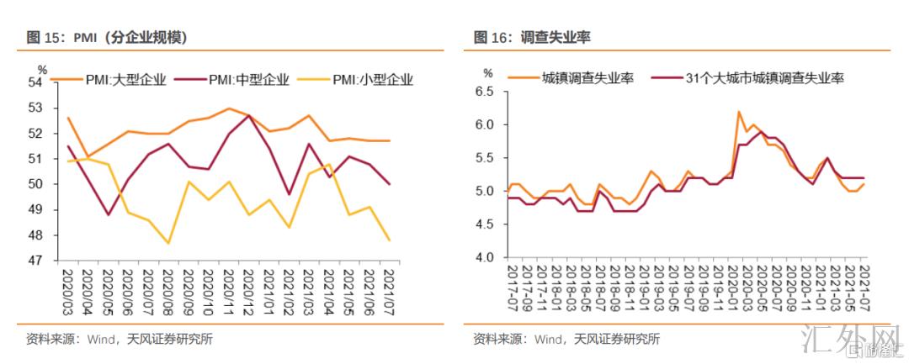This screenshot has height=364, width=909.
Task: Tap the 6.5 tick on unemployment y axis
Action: [482, 92]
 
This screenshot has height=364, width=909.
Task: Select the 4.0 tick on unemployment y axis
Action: [482, 257]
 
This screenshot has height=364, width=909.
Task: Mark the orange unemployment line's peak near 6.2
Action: [738, 111]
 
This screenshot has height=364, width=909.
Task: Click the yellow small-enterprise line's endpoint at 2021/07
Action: [390, 240]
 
